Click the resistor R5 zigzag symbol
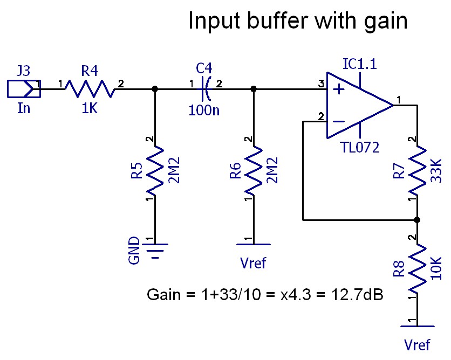click(x=155, y=170)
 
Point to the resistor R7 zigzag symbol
click(x=417, y=170)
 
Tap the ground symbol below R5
click(x=155, y=249)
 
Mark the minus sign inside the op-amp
click(x=339, y=121)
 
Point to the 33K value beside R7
click(x=436, y=170)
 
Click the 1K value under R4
click(x=90, y=108)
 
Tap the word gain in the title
click(x=382, y=22)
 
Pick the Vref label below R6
click(x=253, y=264)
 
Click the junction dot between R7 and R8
click(x=417, y=220)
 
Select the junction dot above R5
click(x=155, y=89)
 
